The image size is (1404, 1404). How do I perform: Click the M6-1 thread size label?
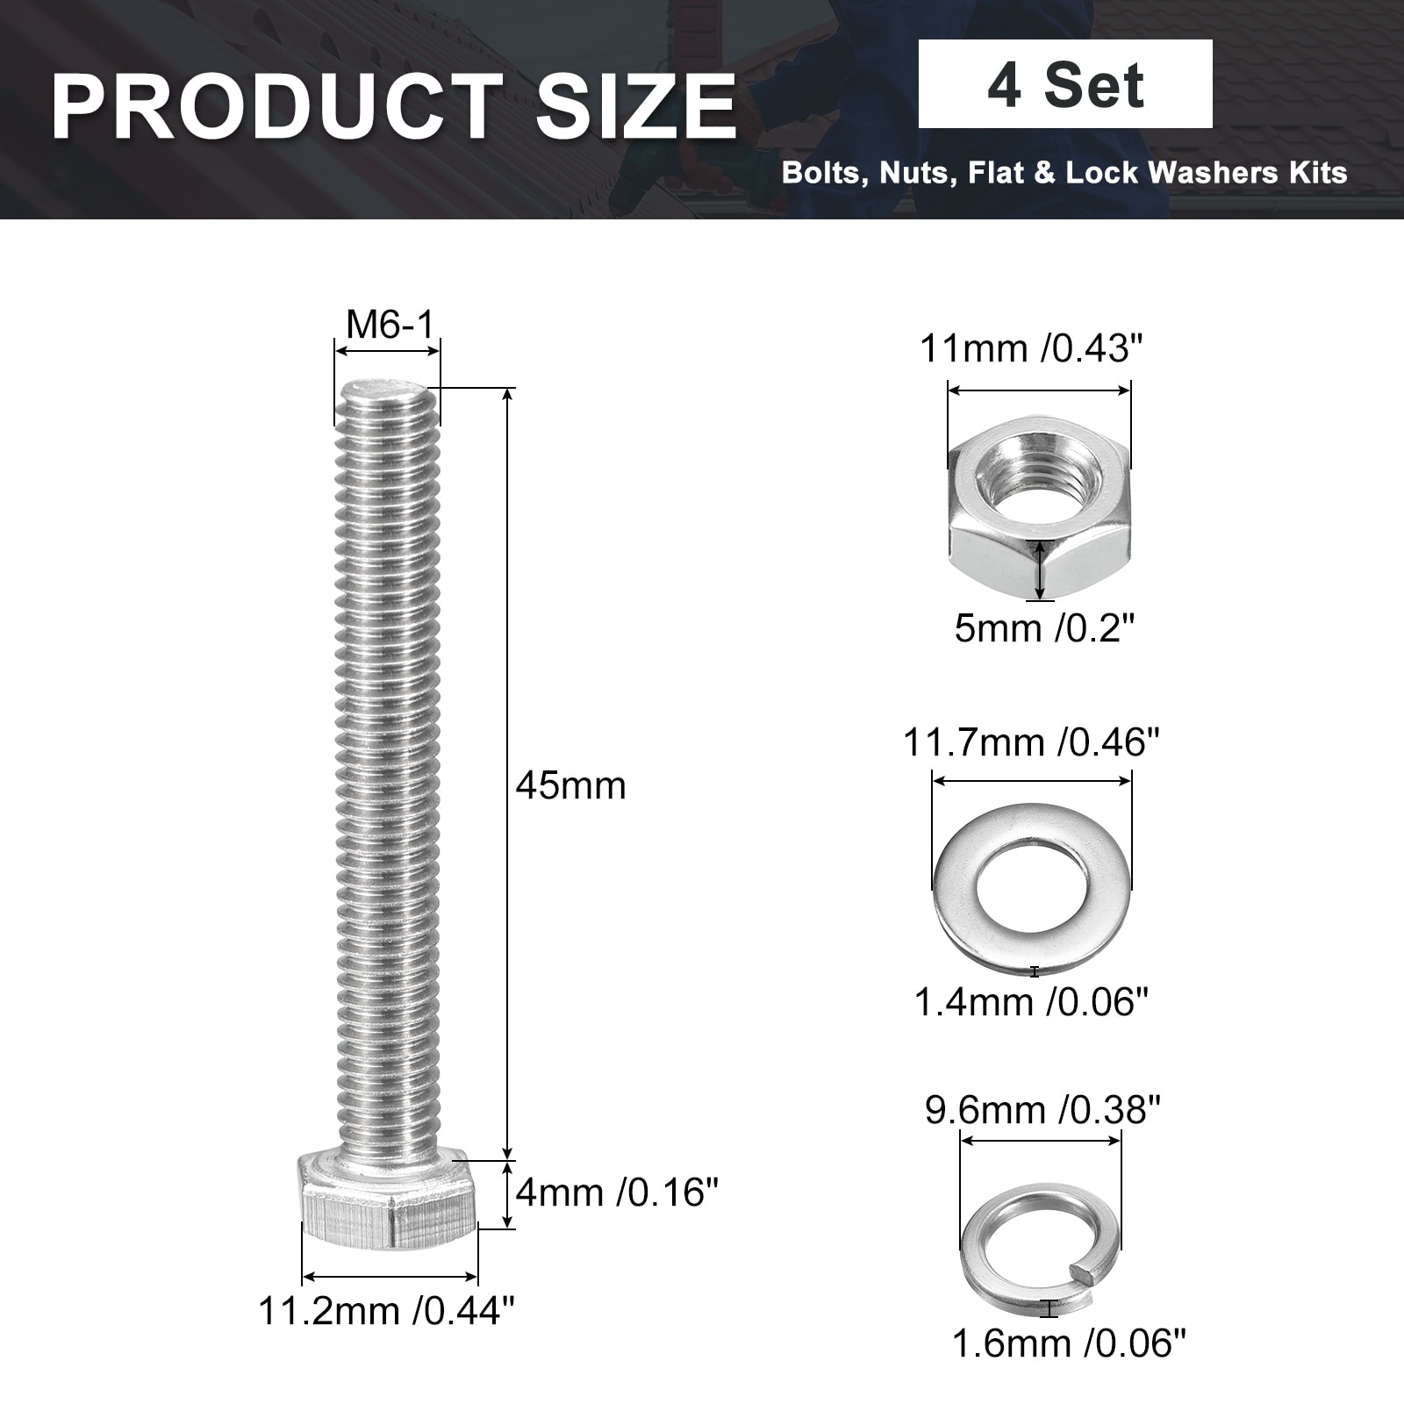(390, 325)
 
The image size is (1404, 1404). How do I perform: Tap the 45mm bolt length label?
(570, 785)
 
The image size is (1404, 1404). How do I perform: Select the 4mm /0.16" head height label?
(617, 1193)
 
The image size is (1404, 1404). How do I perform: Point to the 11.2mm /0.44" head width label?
(386, 1312)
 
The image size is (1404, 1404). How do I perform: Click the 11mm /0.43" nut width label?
(1032, 349)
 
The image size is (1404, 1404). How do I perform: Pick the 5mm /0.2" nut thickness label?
(1045, 628)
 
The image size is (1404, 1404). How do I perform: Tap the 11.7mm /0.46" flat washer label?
(1032, 743)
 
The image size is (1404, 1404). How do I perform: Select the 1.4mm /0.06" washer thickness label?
(1032, 1002)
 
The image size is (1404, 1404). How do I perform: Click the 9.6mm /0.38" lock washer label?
(1043, 1110)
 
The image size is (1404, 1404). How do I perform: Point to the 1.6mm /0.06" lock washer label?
(1070, 1343)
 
